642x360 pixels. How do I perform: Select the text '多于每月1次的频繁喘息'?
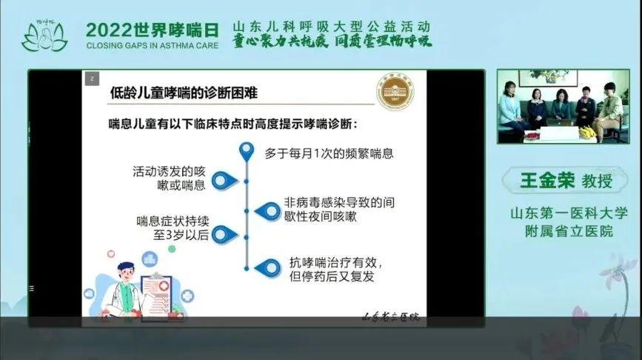329,154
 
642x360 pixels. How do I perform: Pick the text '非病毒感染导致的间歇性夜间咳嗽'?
332,210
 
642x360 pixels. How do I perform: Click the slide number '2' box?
91,78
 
